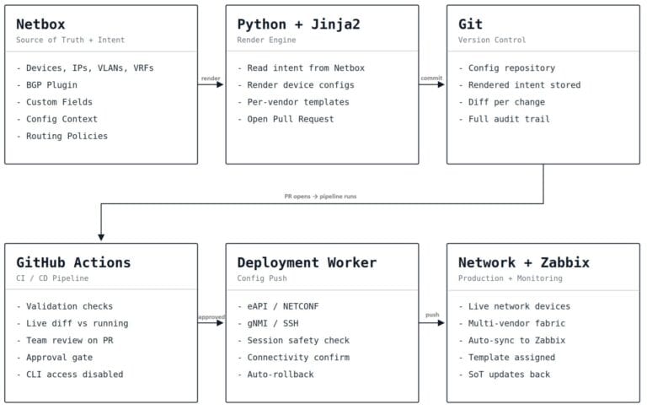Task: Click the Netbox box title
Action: (x=40, y=24)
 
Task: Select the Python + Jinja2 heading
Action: (x=298, y=24)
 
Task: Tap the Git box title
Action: (x=470, y=24)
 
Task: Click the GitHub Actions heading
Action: (x=73, y=262)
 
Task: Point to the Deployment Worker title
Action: (x=307, y=262)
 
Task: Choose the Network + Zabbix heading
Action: (x=524, y=262)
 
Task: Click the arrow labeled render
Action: (x=211, y=84)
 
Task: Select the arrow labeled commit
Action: (x=431, y=84)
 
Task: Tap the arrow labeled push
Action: (x=431, y=323)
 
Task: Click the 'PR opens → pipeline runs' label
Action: (x=320, y=197)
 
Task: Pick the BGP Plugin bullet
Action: (x=47, y=84)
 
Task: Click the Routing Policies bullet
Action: (x=62, y=136)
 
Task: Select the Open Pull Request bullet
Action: (x=286, y=119)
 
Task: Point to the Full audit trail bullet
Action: (x=505, y=119)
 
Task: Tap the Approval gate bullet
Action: (x=55, y=357)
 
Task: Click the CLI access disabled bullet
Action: (x=70, y=374)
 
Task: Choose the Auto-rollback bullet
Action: (x=275, y=374)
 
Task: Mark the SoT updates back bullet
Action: (x=505, y=374)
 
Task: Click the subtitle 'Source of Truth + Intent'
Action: (x=70, y=40)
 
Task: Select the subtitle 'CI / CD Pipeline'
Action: (x=52, y=278)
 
